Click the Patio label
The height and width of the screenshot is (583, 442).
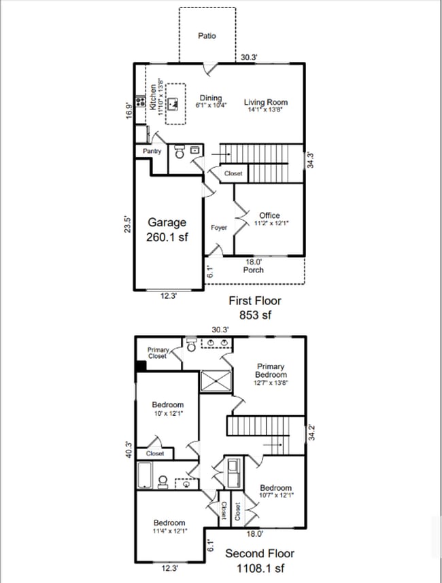tap(207, 35)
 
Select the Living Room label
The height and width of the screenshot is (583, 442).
tap(265, 103)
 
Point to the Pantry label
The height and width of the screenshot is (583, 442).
tap(152, 152)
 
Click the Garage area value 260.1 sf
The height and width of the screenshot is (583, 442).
tap(166, 238)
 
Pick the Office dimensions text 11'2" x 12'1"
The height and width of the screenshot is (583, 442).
tap(270, 224)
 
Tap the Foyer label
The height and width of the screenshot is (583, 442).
tap(218, 228)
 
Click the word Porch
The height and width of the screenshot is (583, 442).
tap(253, 270)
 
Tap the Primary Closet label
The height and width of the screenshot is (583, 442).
tap(158, 353)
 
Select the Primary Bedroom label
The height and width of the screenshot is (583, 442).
tap(271, 371)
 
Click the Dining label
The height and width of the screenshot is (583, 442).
tap(210, 99)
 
